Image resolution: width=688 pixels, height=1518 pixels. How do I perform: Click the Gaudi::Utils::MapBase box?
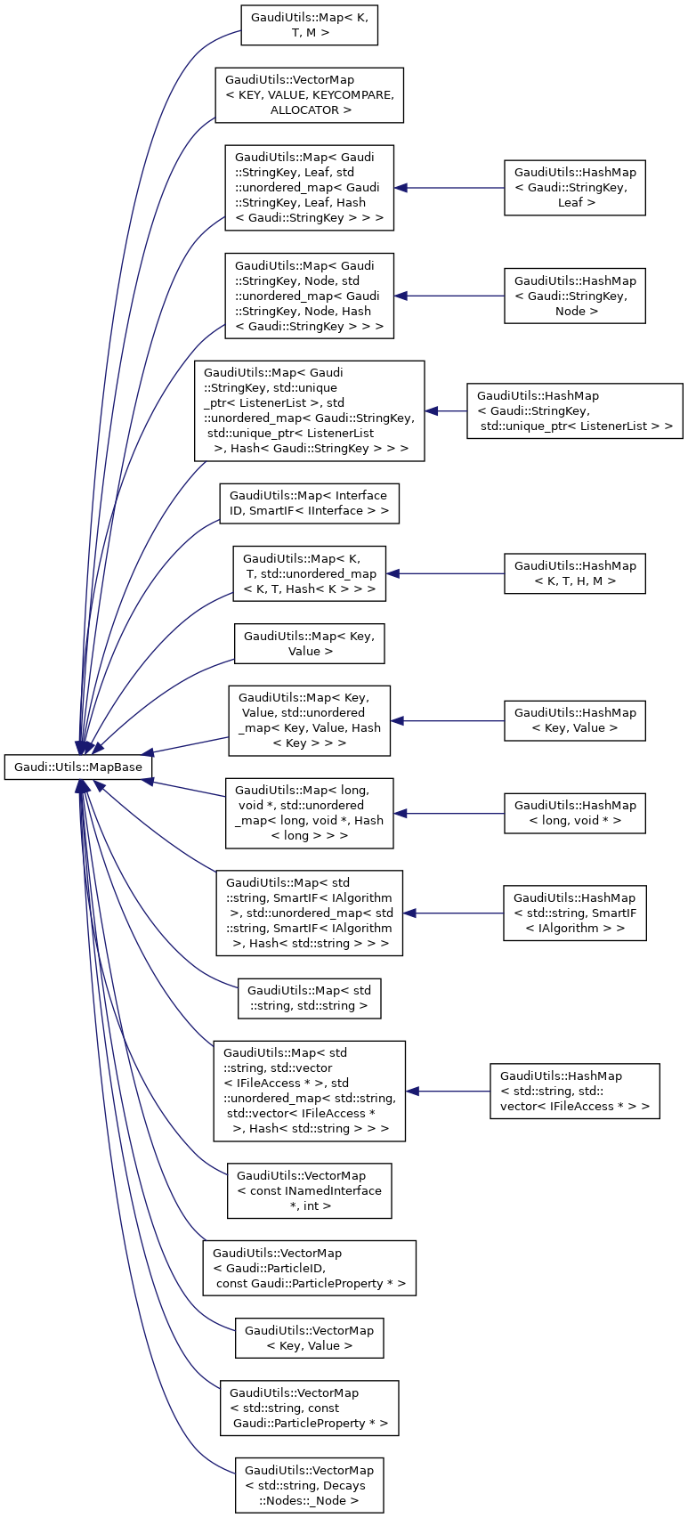pos(78,767)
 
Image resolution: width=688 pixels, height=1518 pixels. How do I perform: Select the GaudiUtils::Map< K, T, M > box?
pos(309,25)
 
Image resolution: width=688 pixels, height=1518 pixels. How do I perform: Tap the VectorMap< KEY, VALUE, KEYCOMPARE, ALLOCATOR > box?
pos(309,95)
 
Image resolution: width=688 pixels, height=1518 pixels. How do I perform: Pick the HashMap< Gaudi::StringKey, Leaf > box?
pos(574,188)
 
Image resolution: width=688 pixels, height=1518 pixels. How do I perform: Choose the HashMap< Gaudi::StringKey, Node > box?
pos(574,296)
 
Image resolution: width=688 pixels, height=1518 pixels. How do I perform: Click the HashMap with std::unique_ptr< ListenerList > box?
pos(574,410)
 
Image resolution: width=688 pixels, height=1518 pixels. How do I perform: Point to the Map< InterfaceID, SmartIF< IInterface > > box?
pos(309,503)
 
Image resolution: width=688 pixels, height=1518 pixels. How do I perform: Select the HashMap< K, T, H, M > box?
pos(574,573)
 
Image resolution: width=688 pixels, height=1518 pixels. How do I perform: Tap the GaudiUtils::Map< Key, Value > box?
pos(309,644)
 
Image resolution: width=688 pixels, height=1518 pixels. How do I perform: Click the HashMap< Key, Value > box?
pos(574,720)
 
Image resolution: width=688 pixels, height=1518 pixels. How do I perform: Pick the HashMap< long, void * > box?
pos(574,814)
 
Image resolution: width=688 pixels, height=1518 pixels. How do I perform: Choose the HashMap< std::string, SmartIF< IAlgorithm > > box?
pos(574,913)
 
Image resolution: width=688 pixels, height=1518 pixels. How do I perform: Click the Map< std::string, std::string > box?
pos(309,998)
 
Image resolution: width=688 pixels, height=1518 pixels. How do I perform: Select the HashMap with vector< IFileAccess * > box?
pos(574,1091)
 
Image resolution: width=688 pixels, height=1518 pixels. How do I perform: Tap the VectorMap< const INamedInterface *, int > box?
pos(309,1190)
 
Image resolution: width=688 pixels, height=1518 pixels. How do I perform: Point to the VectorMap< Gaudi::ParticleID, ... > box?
pos(309,1268)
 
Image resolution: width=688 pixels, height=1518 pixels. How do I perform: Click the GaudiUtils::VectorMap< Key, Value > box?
pos(309,1338)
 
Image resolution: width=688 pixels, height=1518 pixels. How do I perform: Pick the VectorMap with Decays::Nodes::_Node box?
pos(309,1485)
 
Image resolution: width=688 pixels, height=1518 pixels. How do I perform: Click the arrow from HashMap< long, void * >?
pos(449,814)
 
